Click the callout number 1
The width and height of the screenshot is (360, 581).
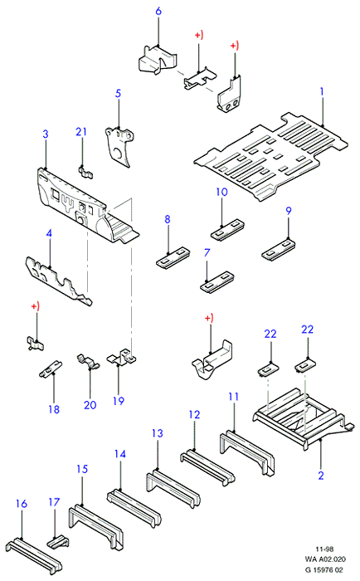pos(322,91)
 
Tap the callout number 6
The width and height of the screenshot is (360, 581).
pos(158,11)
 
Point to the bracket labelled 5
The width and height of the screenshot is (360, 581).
pos(119,147)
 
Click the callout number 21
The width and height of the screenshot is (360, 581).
pos(81,131)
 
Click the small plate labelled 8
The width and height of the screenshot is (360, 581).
pos(173,256)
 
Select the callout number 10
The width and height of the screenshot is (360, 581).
pos(221,192)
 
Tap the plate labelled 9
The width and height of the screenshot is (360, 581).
pos(278,249)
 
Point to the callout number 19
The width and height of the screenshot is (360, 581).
pos(119,401)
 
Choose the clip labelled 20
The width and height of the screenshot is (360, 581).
pos(89,362)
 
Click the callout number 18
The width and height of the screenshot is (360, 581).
pos(54,409)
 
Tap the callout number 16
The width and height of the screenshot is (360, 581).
pos(22,504)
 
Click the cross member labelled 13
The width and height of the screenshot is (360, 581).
pos(173,488)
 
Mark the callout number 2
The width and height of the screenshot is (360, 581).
pos(321,475)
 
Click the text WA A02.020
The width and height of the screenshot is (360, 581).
pos(325,559)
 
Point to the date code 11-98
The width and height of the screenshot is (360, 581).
pos(325,549)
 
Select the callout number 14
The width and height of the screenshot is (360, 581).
pos(120,453)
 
